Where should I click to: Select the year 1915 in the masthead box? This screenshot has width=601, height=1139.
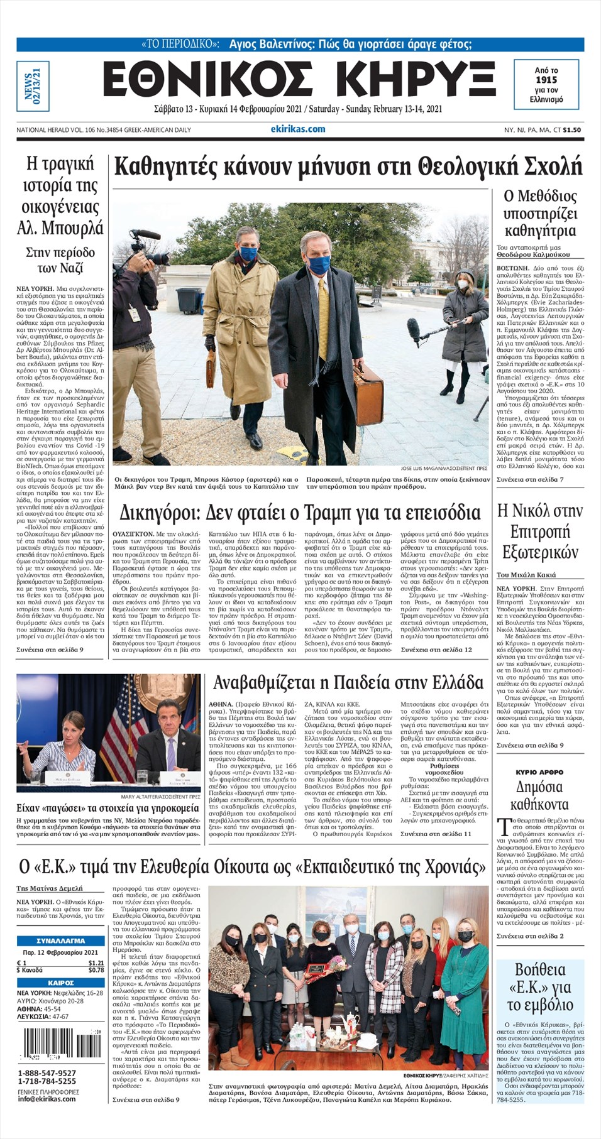546,80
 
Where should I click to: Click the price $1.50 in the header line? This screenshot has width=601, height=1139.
572,130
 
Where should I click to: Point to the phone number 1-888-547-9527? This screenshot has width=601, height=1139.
47,1073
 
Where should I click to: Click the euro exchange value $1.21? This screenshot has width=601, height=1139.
96,962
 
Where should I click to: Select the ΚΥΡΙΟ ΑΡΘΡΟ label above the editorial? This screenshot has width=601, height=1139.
539,772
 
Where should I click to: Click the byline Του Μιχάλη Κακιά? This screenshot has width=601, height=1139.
526,575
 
